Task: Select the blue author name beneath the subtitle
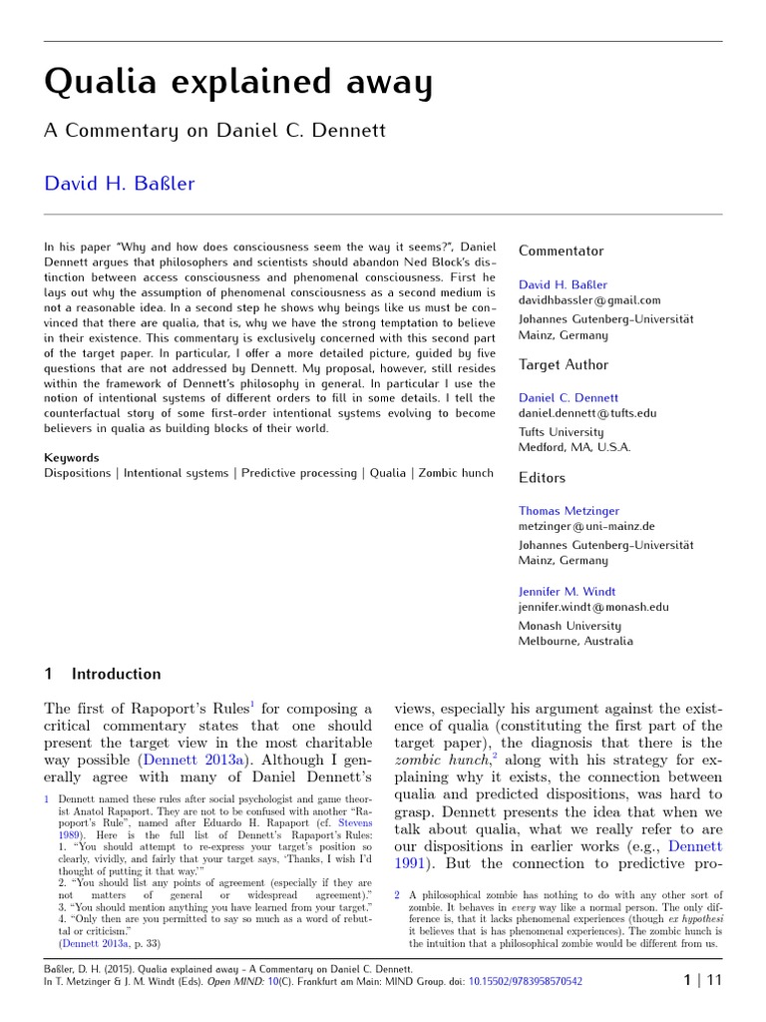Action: point(120,183)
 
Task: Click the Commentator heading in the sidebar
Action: point(561,251)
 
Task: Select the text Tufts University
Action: point(561,432)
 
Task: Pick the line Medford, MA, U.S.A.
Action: point(574,447)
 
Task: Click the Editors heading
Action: point(542,478)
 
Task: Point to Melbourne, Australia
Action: point(575,641)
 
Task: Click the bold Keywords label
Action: point(72,457)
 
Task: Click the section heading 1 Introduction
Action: point(103,674)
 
